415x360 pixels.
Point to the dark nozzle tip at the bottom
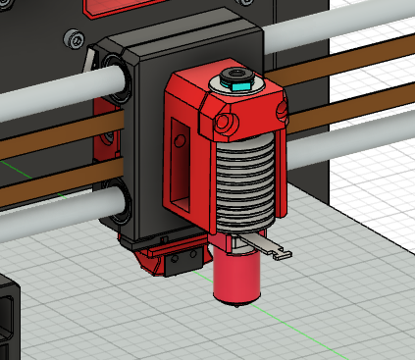click(x=237, y=306)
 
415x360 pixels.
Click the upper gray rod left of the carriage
click(x=49, y=84)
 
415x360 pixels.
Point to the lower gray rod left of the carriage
click(x=49, y=218)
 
